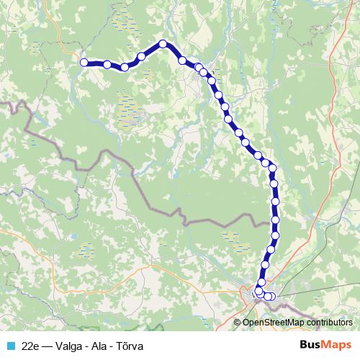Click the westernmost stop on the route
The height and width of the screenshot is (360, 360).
pos(84,63)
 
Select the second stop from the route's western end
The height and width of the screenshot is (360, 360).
pos(107,65)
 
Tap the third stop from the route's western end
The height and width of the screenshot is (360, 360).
pos(125,67)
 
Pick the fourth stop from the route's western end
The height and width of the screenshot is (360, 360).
pos(141,56)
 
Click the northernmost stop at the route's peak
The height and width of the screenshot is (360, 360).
pos(163,44)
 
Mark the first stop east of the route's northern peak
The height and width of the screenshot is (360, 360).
pos(183,60)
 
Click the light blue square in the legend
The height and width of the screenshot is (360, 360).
pos(9,345)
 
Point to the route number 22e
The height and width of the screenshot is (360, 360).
pos(31,345)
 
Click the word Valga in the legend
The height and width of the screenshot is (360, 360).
pos(73,345)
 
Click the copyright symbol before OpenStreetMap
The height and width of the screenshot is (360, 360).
pos(238,323)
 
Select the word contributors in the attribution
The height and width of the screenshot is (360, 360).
pos(328,323)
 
